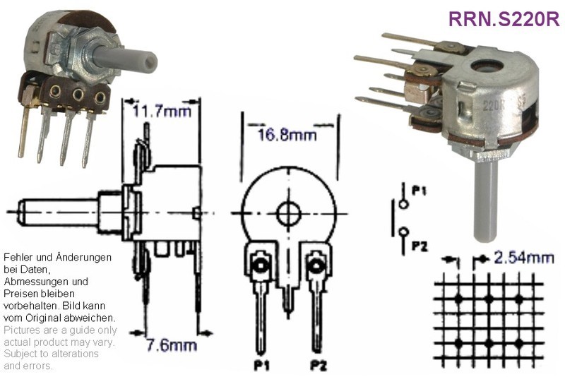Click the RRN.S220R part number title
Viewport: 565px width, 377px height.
pos(504,19)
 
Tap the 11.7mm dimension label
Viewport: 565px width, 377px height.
pos(162,111)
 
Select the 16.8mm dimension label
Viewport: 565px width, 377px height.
pos(287,136)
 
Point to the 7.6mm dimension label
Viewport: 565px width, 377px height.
pos(172,345)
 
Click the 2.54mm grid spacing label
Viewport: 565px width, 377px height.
pos(523,258)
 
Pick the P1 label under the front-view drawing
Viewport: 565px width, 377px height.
pos(261,366)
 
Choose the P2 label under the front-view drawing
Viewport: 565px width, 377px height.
pos(319,366)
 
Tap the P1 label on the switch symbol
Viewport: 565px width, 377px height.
pos(419,191)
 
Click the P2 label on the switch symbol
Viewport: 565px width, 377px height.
pos(420,246)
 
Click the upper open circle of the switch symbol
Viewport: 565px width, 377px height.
pos(403,204)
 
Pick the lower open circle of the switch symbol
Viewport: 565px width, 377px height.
pos(404,231)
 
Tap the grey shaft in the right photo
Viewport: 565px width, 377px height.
pos(486,202)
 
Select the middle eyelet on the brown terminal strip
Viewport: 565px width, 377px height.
pos(78,95)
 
